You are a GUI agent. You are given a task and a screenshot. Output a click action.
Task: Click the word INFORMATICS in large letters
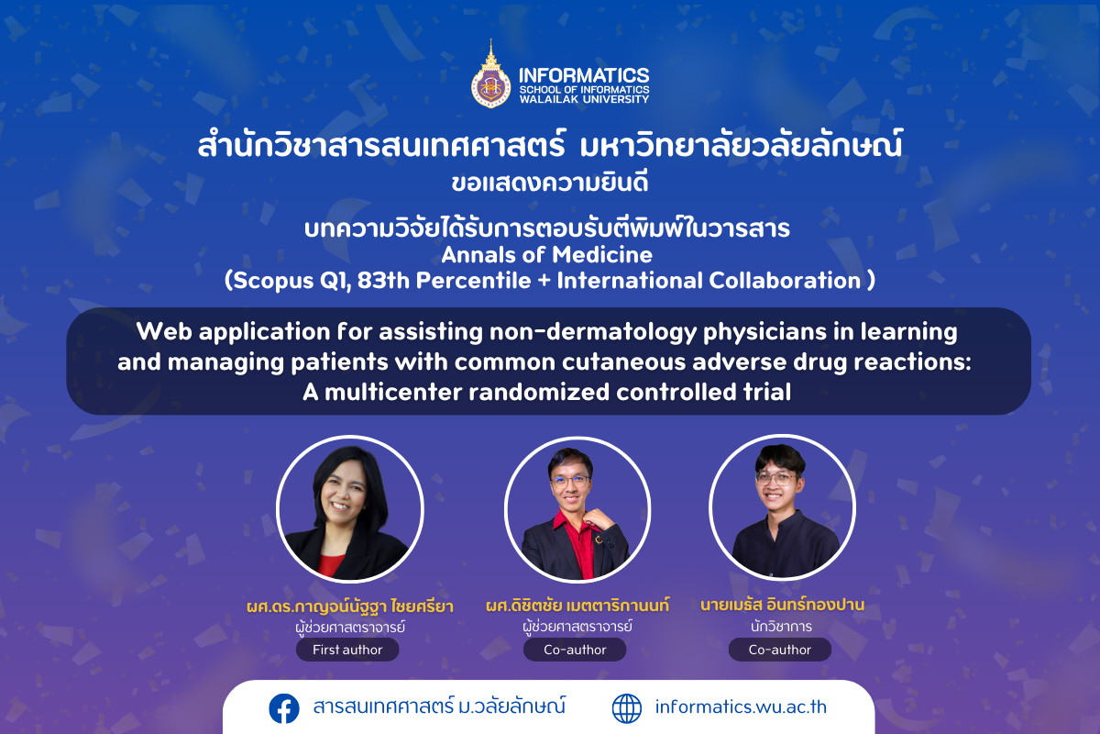[x=584, y=76]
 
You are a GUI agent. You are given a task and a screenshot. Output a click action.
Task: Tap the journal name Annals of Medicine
[x=546, y=255]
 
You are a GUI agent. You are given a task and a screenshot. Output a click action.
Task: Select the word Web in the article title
[x=164, y=331]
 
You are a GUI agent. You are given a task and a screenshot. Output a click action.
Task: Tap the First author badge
[x=347, y=650]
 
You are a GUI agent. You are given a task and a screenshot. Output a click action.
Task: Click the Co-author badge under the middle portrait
[x=575, y=650]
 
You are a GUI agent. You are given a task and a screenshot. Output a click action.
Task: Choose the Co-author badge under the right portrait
[x=780, y=650]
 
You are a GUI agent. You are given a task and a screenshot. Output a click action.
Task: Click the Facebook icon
[x=284, y=708]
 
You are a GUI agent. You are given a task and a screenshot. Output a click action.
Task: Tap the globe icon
[x=627, y=708]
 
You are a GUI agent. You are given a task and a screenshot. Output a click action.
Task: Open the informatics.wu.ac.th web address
[x=741, y=707]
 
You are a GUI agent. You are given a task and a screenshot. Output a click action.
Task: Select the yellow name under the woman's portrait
[x=349, y=606]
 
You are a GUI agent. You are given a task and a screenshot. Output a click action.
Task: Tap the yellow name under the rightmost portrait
[x=782, y=605]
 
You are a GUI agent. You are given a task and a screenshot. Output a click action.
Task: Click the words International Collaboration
[x=709, y=281]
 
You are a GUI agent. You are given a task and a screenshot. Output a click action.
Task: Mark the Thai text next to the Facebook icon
[x=439, y=706]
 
